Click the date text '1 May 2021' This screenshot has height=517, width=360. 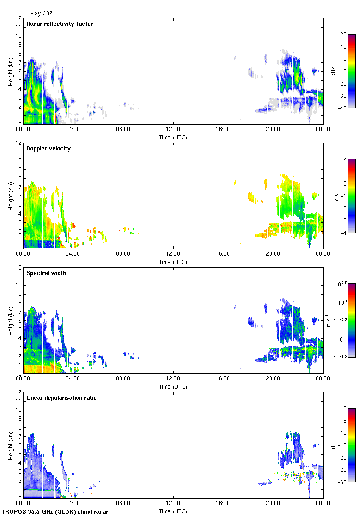(x=40, y=13)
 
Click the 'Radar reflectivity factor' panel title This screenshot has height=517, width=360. (x=60, y=24)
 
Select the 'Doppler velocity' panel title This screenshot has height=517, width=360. (x=48, y=149)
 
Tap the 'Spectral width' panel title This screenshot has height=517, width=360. (x=46, y=273)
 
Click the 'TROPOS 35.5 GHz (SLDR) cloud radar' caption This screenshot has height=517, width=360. (x=55, y=512)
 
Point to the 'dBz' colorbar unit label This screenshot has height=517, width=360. (x=334, y=72)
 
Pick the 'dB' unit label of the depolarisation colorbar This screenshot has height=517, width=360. (x=334, y=445)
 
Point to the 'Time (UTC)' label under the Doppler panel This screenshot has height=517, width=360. (x=173, y=262)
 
